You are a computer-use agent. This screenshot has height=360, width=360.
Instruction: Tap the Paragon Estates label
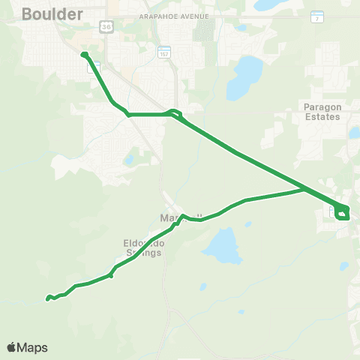coord(322,112)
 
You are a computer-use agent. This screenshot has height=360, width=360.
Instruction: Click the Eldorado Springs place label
coord(142,248)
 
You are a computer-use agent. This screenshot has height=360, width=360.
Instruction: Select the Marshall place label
coord(171,217)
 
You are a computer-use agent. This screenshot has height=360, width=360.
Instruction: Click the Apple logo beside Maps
coord(11,347)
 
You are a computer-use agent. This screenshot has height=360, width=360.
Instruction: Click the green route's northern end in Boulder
coord(84,54)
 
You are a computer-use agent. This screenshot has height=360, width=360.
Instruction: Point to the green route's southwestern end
coord(47,299)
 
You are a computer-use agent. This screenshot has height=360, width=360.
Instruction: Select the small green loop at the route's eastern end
coord(343,213)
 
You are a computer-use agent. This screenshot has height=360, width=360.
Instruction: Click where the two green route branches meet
coord(304,189)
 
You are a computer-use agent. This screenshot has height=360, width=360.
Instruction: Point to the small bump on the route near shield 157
coord(175,113)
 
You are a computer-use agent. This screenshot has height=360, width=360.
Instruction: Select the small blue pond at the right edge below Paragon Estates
coord(354,133)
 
